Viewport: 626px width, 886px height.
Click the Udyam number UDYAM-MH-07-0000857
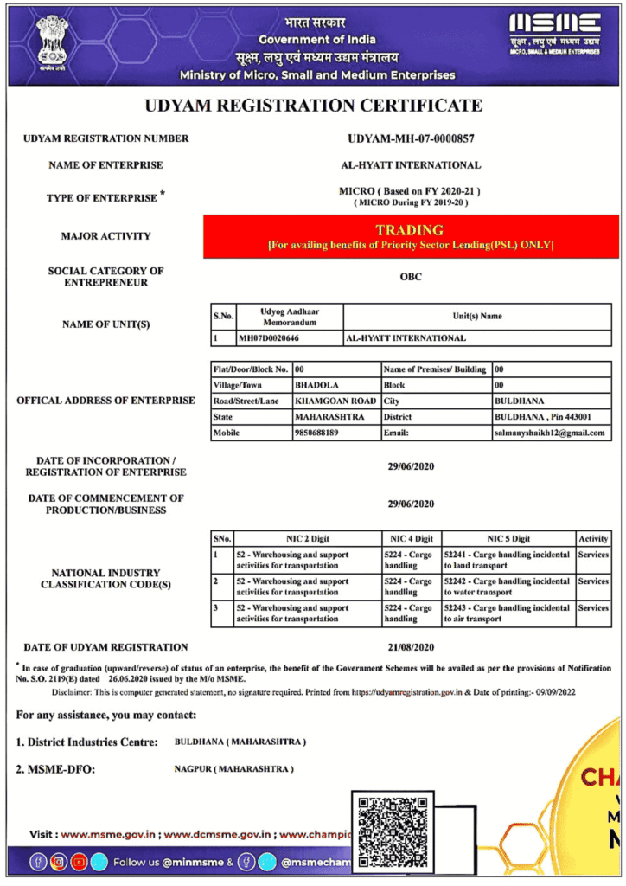411,138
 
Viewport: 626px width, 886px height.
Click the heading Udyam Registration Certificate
313,106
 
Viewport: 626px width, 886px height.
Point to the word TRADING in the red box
410,230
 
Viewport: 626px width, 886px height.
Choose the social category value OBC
411,278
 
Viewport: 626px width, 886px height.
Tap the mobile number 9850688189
316,433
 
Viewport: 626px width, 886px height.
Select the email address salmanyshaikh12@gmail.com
549,433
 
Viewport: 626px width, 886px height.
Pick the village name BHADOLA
316,385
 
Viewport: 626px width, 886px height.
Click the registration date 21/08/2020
411,647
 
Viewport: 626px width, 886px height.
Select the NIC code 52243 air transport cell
507,613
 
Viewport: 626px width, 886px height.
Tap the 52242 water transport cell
507,587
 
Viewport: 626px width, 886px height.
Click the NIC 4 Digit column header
411,538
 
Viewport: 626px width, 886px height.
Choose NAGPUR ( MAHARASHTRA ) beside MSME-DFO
233,769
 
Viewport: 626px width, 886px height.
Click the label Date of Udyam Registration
105,647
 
